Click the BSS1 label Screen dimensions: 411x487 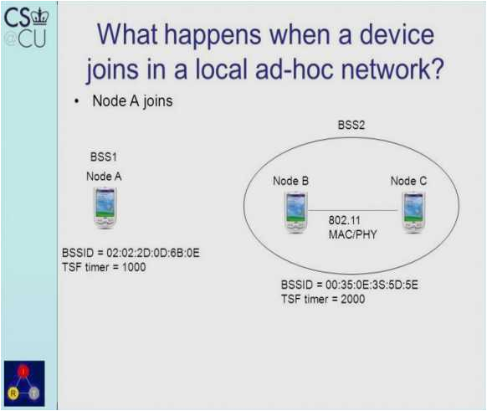(x=104, y=157)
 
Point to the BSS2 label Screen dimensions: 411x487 (x=351, y=125)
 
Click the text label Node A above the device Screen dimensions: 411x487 (x=104, y=176)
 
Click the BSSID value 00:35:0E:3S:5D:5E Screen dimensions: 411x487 (x=372, y=285)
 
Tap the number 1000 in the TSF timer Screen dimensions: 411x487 (x=134, y=267)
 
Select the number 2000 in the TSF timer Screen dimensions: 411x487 (x=352, y=299)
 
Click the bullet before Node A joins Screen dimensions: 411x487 (x=76, y=102)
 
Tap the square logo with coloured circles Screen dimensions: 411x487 (x=25, y=383)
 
